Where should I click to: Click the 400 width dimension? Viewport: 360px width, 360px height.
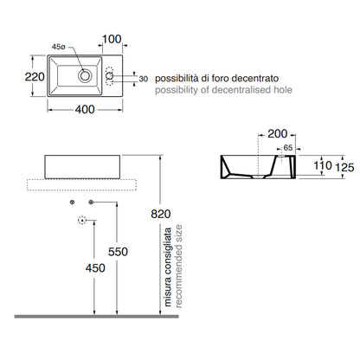pos(85,109)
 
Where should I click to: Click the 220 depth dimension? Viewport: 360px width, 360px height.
pos(35,77)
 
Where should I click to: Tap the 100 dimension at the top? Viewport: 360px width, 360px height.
pos(112,39)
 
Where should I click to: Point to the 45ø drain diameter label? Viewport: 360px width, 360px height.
pos(59,47)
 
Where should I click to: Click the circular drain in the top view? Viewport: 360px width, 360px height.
pos(85,76)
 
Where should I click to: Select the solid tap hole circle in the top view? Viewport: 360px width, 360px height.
pos(109,76)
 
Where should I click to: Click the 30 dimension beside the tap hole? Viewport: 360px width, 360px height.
pos(144,79)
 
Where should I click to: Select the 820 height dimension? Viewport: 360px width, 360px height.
pos(161,214)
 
